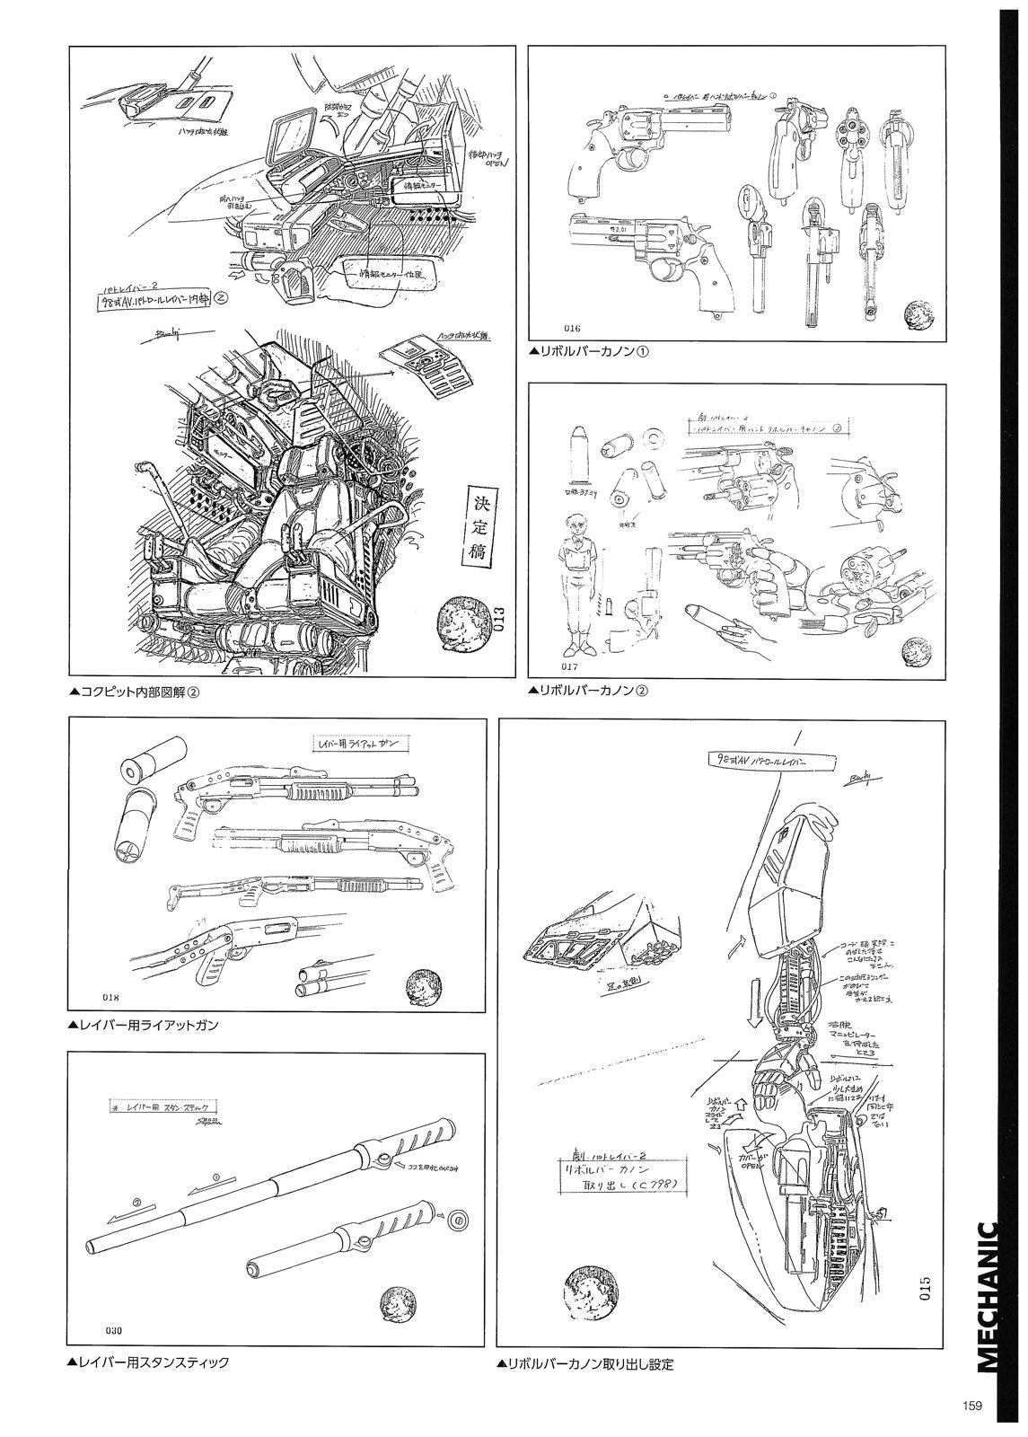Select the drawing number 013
[x=499, y=620]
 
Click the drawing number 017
[x=545, y=666]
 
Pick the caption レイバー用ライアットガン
[x=144, y=1024]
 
